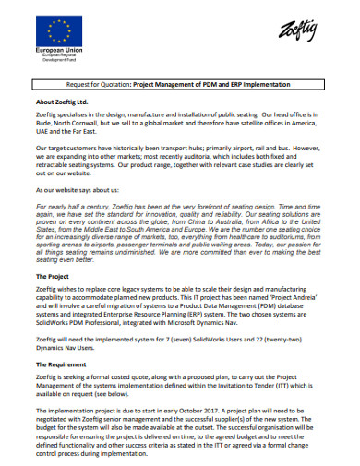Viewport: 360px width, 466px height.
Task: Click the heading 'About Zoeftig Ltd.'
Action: click(65, 101)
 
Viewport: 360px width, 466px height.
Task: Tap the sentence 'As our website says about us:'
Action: click(78, 188)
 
